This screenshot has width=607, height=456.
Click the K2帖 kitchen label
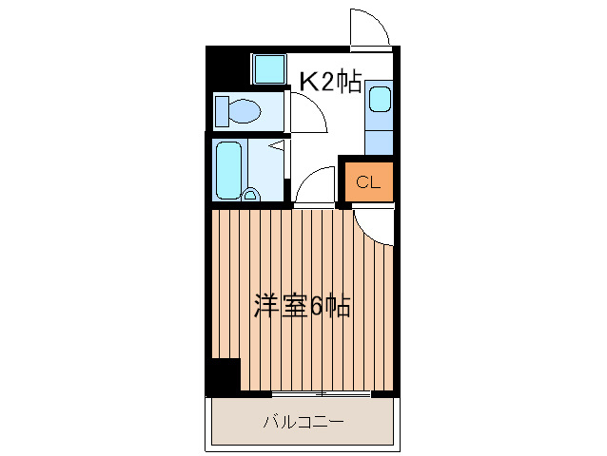[330, 83]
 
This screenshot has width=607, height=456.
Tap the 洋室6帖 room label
[302, 306]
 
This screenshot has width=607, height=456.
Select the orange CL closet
[368, 182]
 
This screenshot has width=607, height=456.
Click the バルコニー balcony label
[303, 421]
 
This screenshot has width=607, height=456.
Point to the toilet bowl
[245, 112]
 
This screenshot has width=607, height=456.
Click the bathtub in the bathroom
[228, 169]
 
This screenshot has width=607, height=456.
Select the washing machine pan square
[268, 69]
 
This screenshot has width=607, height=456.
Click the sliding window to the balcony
[320, 392]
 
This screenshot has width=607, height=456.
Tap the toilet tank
[221, 112]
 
